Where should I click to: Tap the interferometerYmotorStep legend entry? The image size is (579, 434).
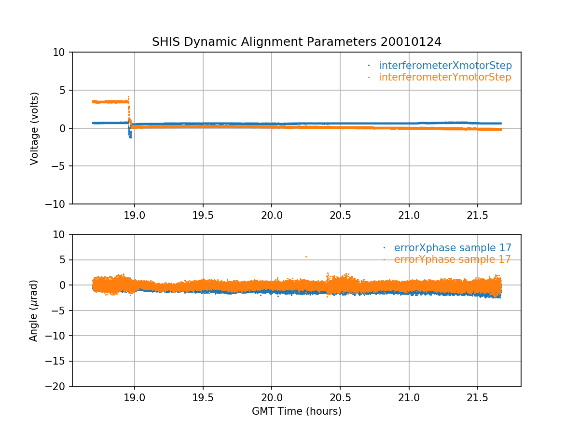point(444,77)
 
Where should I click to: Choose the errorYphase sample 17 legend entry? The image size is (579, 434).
point(452,259)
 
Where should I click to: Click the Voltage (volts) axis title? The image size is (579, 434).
point(34,128)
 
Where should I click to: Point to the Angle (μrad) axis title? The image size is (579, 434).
point(34,311)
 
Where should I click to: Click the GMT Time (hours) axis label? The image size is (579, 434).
point(297,411)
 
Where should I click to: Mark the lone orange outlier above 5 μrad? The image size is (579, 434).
point(306,257)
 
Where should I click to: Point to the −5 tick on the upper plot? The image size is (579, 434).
point(60,166)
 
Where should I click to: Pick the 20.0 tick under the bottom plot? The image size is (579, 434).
point(272,398)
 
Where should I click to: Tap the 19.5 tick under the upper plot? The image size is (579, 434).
point(203,216)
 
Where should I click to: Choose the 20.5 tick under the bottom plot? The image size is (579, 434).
point(340,398)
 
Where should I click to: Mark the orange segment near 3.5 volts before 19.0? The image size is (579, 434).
point(110,102)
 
